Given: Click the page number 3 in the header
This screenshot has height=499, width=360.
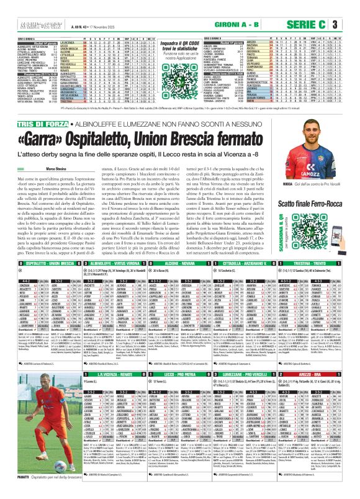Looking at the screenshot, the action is pyautogui.click(x=351, y=25).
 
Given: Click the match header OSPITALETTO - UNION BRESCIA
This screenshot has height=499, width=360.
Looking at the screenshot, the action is pyautogui.click(x=37, y=280).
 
